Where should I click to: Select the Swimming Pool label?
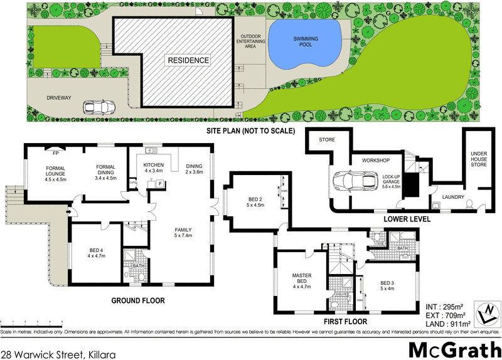coord(306,43)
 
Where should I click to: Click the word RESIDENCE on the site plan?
coord(188,61)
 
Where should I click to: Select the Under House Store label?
coord(479,159)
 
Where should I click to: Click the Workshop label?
coord(376,161)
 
